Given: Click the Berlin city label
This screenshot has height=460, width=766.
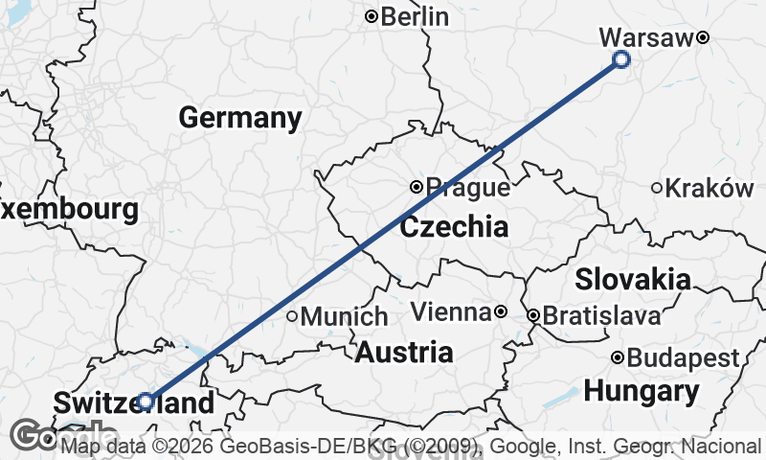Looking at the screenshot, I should tap(415, 16).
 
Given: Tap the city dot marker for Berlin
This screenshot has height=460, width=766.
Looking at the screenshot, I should tap(372, 16).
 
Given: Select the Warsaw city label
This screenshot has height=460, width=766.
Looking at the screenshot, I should tap(645, 37).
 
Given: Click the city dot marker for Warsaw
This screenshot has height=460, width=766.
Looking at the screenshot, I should tap(702, 37).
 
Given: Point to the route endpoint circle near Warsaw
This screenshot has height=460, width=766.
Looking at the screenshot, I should tap(620, 60).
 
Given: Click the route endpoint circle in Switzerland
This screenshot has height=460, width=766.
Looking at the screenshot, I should tap(145, 402).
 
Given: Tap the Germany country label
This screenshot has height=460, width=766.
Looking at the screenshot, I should tap(239, 118).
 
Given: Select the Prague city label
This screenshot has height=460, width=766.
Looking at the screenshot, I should tap(467, 188).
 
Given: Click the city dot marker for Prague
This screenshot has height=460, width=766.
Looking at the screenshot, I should tap(417, 188).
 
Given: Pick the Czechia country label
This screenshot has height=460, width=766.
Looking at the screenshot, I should tap(454, 227).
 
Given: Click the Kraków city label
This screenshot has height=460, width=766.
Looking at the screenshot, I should tap(710, 188).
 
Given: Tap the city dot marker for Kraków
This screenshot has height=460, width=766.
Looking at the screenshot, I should tap(657, 188).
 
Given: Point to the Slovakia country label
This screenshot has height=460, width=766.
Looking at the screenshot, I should tap(633, 279).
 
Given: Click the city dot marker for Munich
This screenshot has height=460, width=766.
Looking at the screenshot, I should tap(292, 315).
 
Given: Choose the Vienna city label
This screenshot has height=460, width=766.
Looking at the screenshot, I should tap(450, 312).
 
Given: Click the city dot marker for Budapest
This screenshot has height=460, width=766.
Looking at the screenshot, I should tap(618, 358).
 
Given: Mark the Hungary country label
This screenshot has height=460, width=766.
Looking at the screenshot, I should tap(641, 391).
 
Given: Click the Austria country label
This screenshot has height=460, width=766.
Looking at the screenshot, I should tap(403, 352).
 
